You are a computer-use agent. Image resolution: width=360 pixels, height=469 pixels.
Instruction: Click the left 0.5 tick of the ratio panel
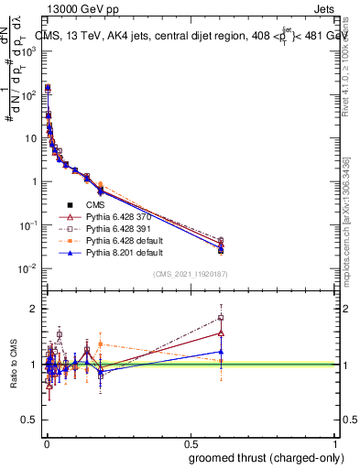31,420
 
